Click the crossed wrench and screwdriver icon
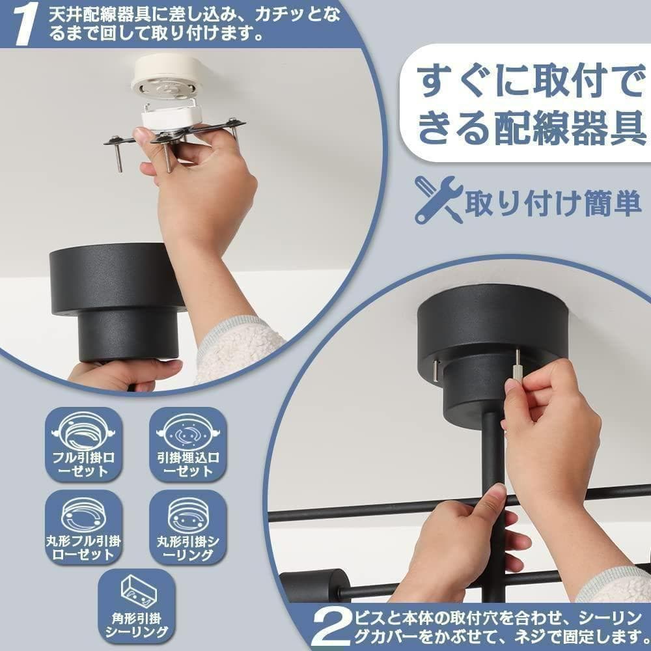[438, 200]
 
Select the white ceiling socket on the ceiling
[167, 77]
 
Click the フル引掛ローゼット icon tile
[83, 445]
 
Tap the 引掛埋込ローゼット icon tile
[187, 445]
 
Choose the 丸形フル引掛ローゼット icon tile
[83, 527]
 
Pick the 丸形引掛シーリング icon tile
[187, 527]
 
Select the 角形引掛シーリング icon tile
[136, 606]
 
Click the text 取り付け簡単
[553, 202]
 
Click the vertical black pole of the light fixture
[493, 456]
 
